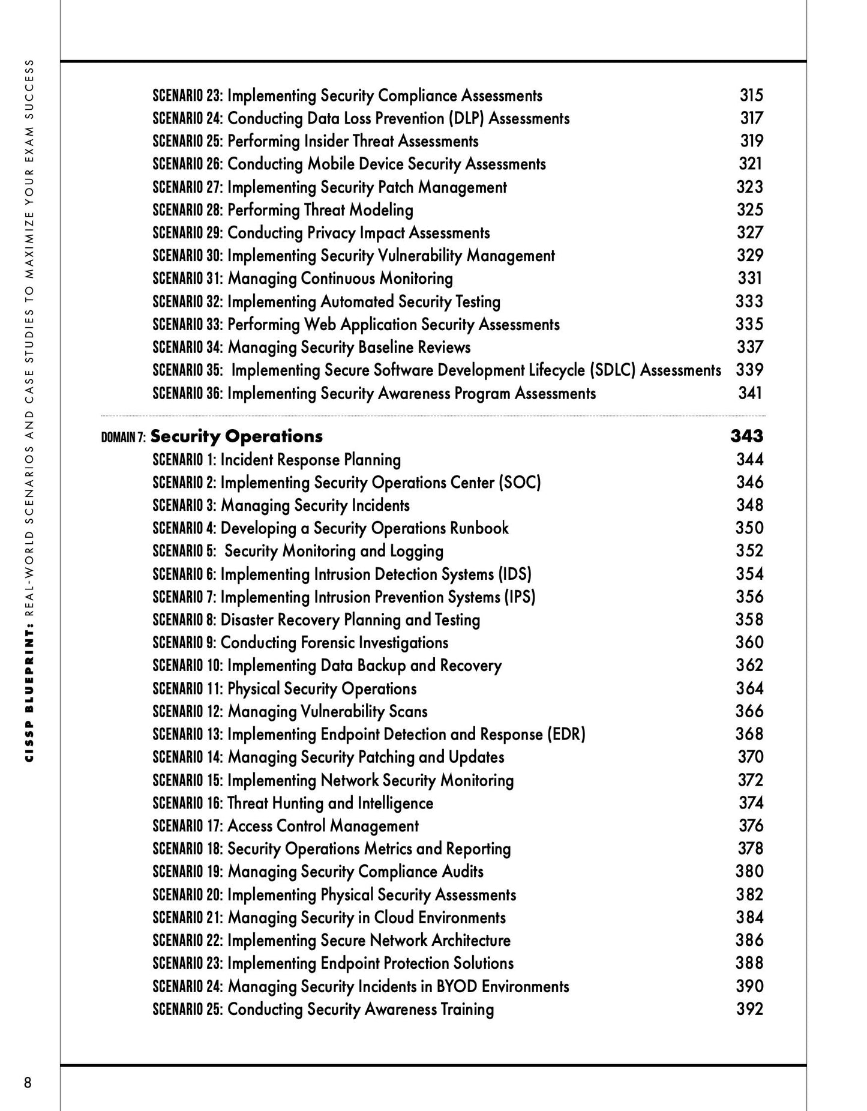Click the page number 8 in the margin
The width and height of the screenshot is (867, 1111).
[x=28, y=1082]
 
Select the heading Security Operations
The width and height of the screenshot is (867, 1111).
[x=236, y=436]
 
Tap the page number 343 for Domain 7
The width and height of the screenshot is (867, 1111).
[x=746, y=436]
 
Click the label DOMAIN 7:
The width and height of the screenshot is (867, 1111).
[x=124, y=438]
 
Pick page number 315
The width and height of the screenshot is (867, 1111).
[x=751, y=95]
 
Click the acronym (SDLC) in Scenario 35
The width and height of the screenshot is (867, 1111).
[x=613, y=370]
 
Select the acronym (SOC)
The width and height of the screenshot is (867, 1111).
[x=520, y=483]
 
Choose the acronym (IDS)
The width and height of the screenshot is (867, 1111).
[x=514, y=574]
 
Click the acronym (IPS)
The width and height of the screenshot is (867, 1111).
[x=518, y=597]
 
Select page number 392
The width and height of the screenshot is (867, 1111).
[x=750, y=1009]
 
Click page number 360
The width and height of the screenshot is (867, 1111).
[x=750, y=642]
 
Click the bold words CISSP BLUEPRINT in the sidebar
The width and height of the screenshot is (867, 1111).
[x=29, y=696]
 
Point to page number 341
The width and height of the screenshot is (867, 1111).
[x=750, y=393]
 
